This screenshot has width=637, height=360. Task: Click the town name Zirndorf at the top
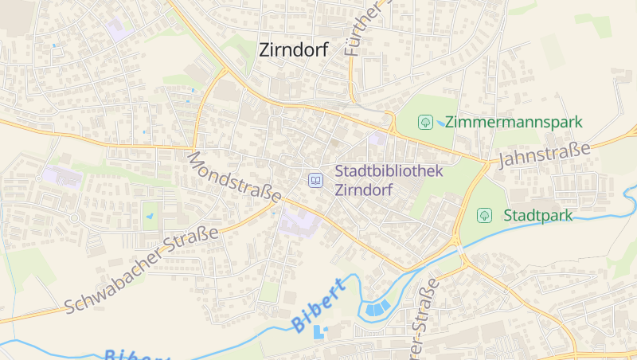(x=294, y=49)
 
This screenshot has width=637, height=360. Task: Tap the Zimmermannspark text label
(x=514, y=122)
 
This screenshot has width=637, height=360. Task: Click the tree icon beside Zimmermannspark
(x=426, y=122)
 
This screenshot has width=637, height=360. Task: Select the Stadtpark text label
(x=537, y=215)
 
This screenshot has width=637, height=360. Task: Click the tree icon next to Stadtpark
(x=483, y=215)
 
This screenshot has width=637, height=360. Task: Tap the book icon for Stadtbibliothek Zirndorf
(x=316, y=181)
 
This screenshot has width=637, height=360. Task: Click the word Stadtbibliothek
(x=388, y=170)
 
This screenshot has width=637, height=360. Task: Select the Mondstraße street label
(x=234, y=176)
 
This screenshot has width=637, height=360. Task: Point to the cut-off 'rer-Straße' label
(x=422, y=319)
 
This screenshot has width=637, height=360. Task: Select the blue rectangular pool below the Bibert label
(x=320, y=333)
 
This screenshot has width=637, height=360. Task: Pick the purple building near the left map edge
(x=61, y=176)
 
